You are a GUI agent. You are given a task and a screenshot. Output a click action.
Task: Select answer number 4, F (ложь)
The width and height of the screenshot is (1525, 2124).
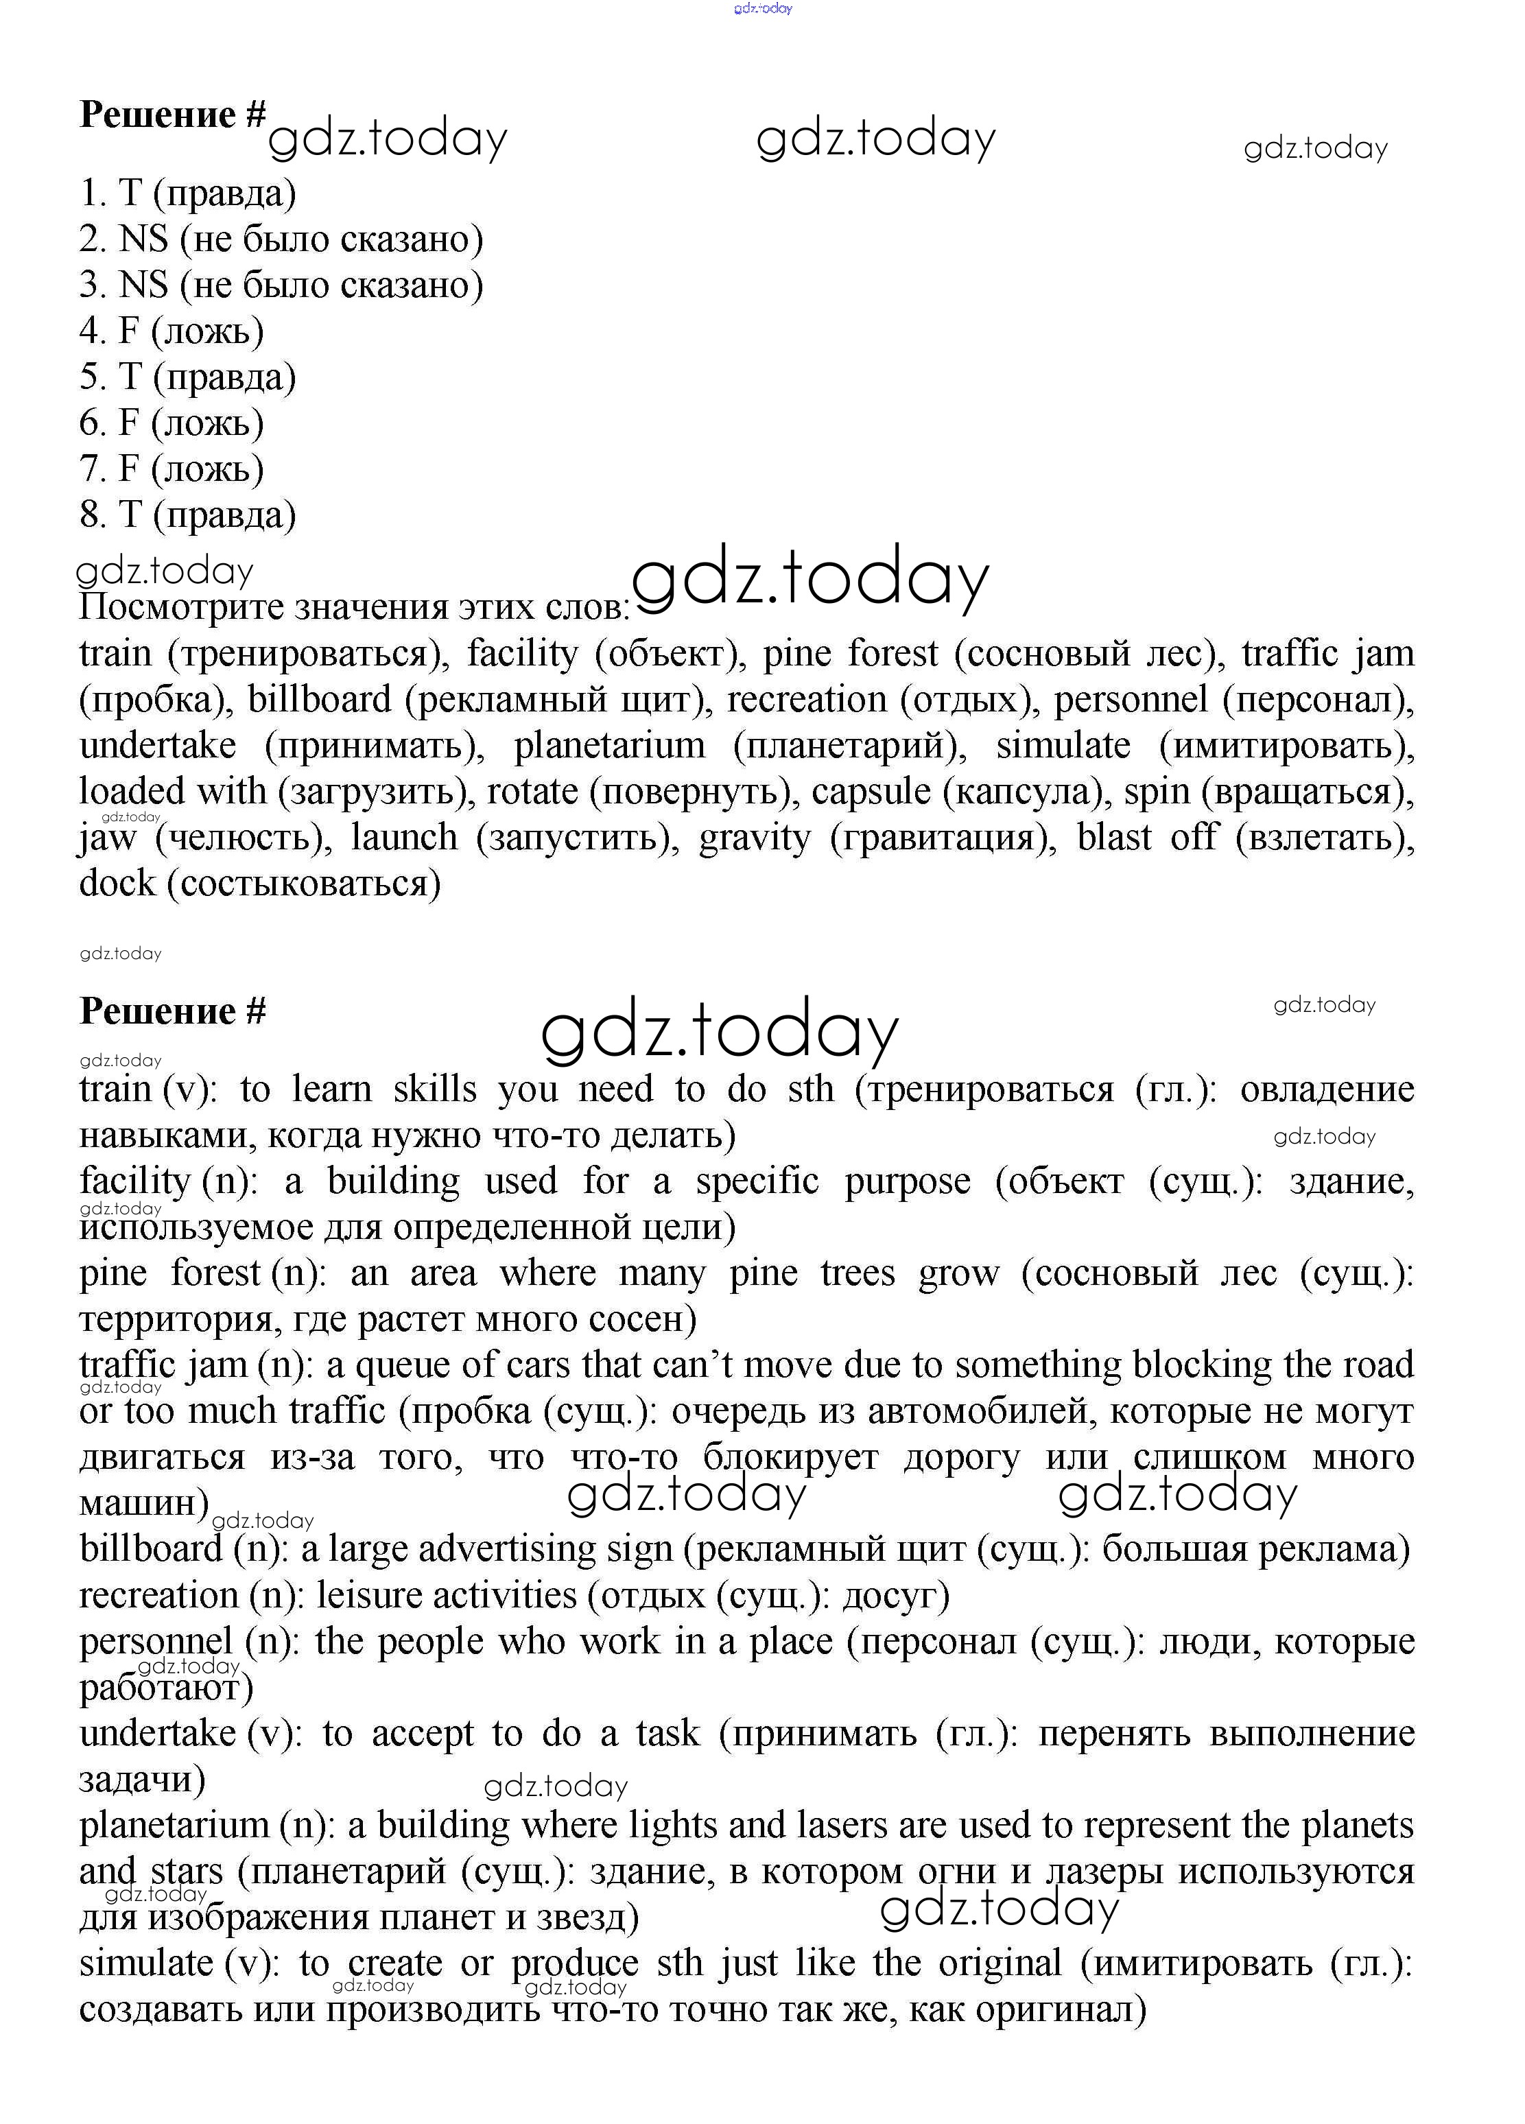[x=172, y=331]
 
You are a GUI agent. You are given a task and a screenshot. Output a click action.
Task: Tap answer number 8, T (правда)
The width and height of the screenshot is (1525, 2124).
[x=187, y=515]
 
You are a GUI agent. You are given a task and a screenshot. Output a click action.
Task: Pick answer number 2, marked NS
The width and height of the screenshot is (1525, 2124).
[x=281, y=239]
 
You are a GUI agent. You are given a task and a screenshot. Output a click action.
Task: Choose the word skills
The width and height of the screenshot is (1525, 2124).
[x=435, y=1090]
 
